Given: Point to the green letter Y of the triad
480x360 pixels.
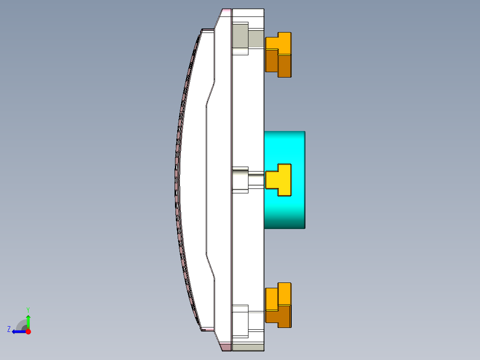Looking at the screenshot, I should [28, 309].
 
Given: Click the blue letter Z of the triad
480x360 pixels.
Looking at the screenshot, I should [9, 329].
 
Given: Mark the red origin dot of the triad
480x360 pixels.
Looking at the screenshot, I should [28, 331].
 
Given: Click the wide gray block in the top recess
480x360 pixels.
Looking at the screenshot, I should [240, 36].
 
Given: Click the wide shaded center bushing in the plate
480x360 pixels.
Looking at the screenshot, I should [240, 180].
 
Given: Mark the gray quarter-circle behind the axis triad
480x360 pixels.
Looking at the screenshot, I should [21, 325].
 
